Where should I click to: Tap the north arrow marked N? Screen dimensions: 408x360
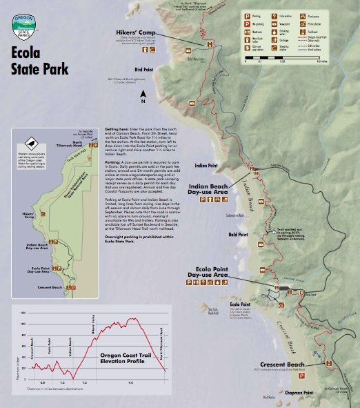[x=143, y=95]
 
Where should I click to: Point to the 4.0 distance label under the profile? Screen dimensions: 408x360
[x=131, y=382]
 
